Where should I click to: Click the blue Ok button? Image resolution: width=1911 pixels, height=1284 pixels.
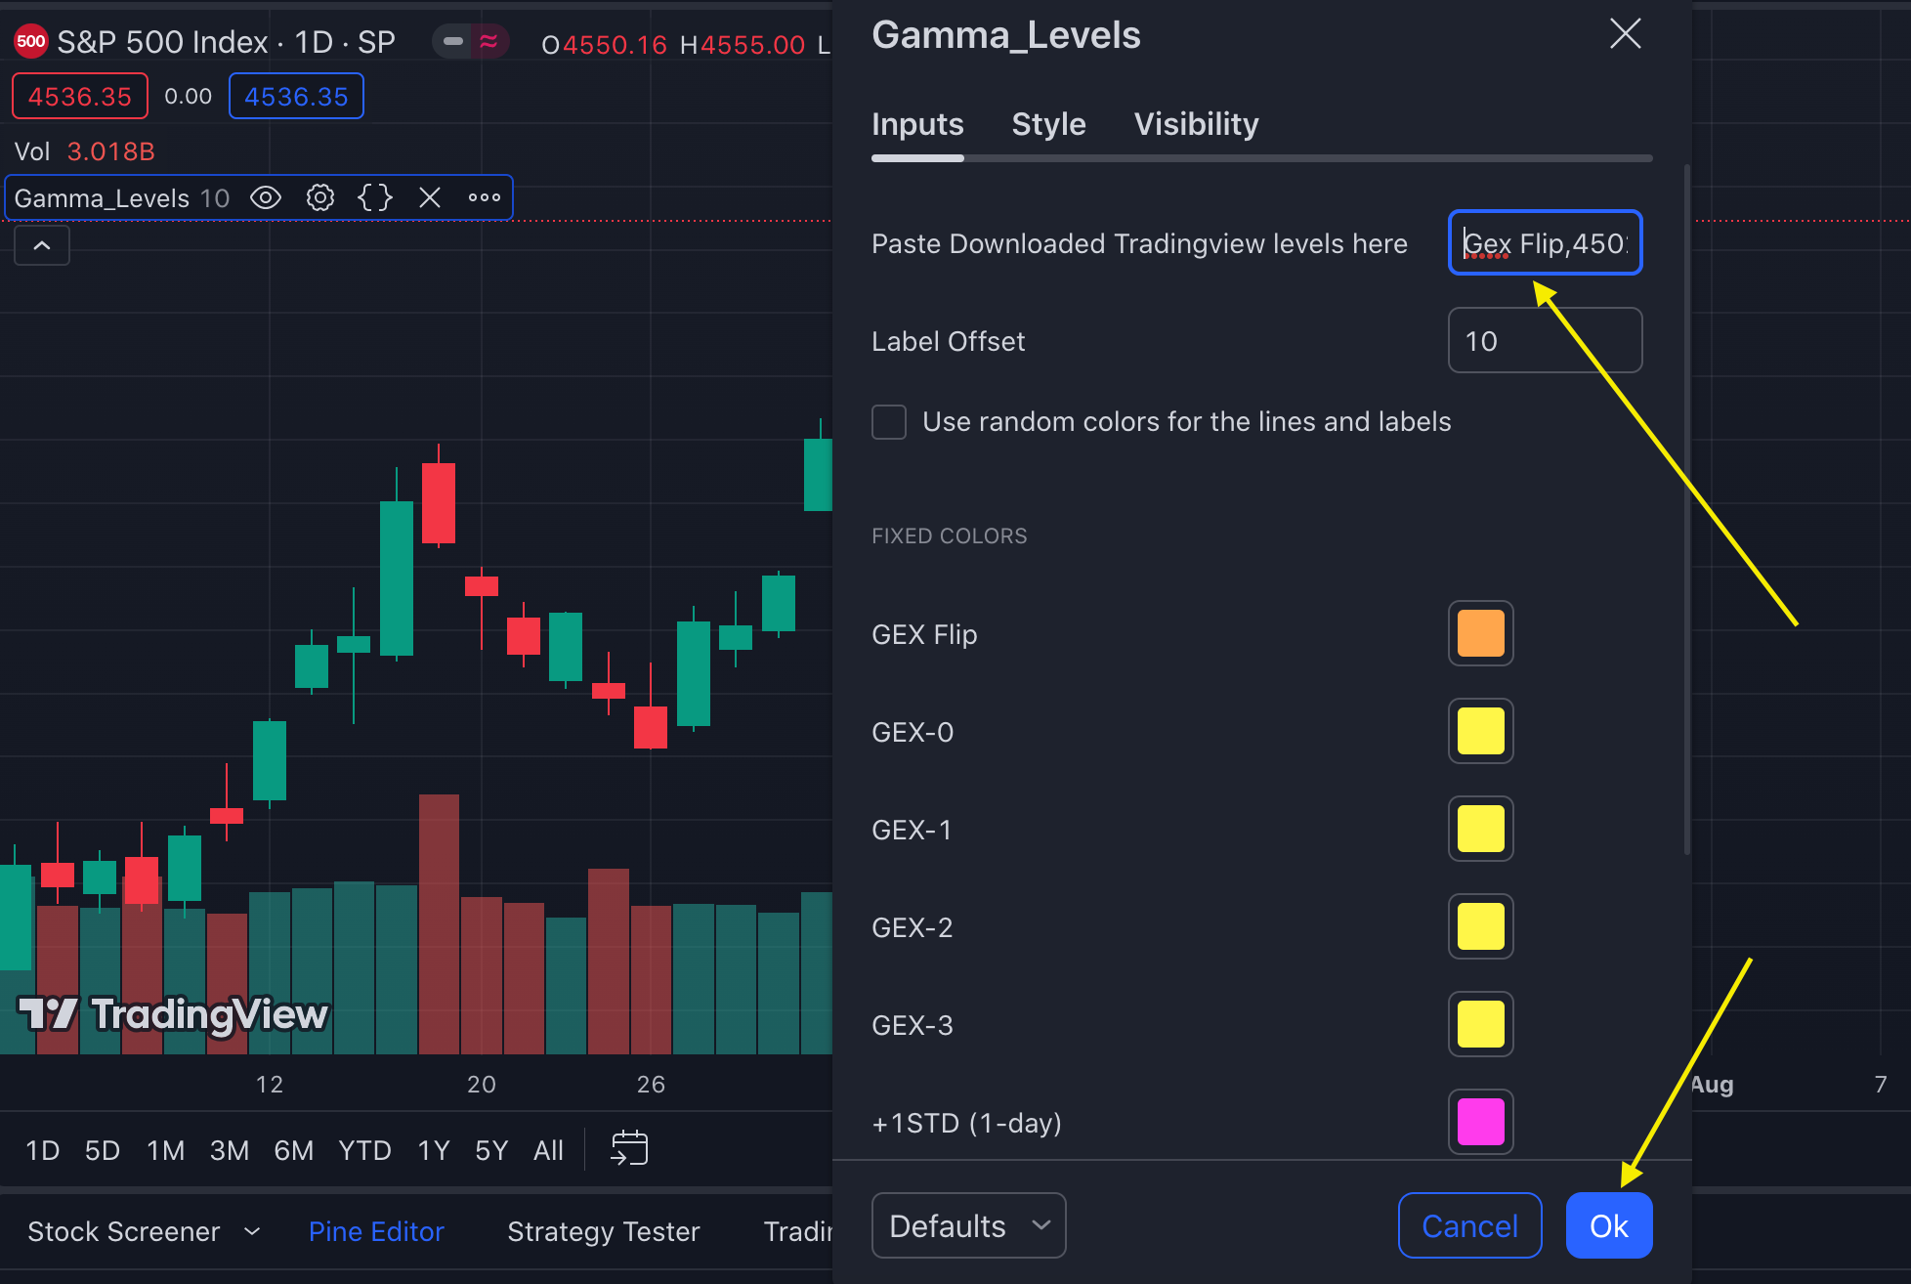(x=1608, y=1225)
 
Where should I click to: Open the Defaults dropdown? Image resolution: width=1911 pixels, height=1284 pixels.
(x=967, y=1225)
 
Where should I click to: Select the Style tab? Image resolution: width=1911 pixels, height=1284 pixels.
(x=1048, y=124)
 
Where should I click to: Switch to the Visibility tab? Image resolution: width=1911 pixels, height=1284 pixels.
(x=1196, y=124)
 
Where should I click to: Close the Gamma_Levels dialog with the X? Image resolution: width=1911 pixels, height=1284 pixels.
(x=1625, y=34)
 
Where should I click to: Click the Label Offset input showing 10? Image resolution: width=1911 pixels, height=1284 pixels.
(x=1544, y=341)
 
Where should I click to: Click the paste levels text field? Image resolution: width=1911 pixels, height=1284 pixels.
(x=1544, y=243)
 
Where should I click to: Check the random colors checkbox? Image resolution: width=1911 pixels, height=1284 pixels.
(x=889, y=422)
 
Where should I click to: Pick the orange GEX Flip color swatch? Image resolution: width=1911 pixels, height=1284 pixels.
(x=1480, y=633)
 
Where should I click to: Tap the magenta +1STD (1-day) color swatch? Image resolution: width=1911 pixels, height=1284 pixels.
(x=1480, y=1121)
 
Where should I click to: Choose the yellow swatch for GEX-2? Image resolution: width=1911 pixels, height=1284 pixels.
(x=1480, y=926)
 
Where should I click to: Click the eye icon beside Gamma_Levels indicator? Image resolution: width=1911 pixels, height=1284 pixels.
(x=266, y=198)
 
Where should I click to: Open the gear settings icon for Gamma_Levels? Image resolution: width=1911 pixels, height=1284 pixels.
(x=320, y=198)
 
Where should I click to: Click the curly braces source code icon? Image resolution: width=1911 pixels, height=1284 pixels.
(x=375, y=198)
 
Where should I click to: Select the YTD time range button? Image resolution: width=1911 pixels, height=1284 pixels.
(x=364, y=1150)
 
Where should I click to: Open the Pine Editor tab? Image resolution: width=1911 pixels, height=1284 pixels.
(x=376, y=1231)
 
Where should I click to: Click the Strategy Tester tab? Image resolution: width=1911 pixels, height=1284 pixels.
(x=603, y=1231)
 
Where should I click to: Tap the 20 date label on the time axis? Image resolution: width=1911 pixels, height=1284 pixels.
(x=482, y=1084)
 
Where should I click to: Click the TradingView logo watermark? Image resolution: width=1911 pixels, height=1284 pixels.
(x=173, y=1014)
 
